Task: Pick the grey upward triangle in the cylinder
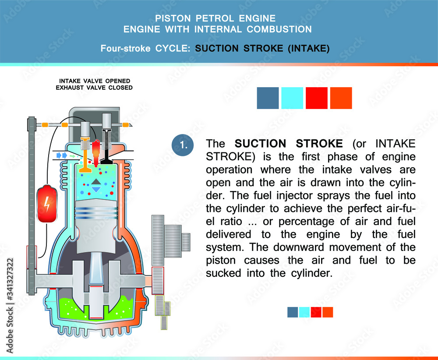pos(96,181)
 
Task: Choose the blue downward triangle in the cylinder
pos(96,189)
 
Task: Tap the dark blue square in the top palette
pos(268,98)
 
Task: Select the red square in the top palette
pos(317,98)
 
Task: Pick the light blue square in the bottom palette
pos(304,312)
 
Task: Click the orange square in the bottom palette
pos(328,312)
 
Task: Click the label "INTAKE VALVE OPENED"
pos(94,81)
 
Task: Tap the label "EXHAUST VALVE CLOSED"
pos(94,88)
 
